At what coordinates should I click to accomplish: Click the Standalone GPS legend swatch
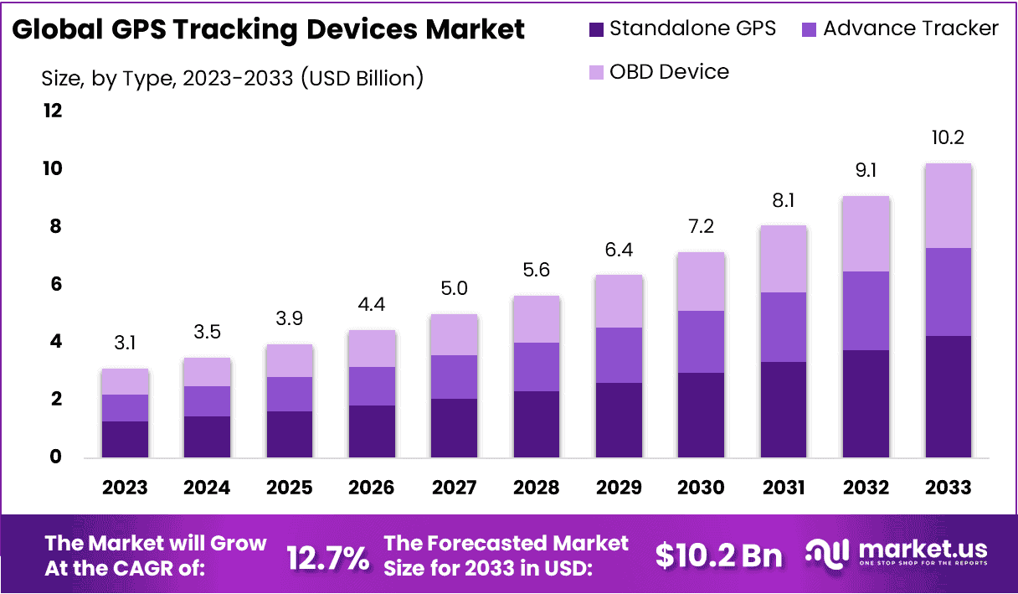(596, 29)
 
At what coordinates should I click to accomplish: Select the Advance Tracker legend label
(910, 28)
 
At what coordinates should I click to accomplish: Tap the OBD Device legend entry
(668, 71)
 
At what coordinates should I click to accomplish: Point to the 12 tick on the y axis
(53, 111)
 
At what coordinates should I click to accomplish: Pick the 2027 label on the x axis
(454, 488)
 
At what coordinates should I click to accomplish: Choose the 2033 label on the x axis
(948, 488)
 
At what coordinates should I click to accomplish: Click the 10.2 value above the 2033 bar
(948, 138)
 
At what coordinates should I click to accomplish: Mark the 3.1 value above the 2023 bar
(125, 343)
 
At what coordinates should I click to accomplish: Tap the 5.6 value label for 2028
(536, 270)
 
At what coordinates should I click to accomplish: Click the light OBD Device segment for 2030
(701, 282)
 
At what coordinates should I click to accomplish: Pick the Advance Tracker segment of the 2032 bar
(866, 311)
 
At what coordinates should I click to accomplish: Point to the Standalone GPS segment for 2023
(125, 439)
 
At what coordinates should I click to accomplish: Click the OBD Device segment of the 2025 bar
(289, 361)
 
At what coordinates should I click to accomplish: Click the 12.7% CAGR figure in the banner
(327, 556)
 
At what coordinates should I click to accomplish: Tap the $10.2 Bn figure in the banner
(718, 555)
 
